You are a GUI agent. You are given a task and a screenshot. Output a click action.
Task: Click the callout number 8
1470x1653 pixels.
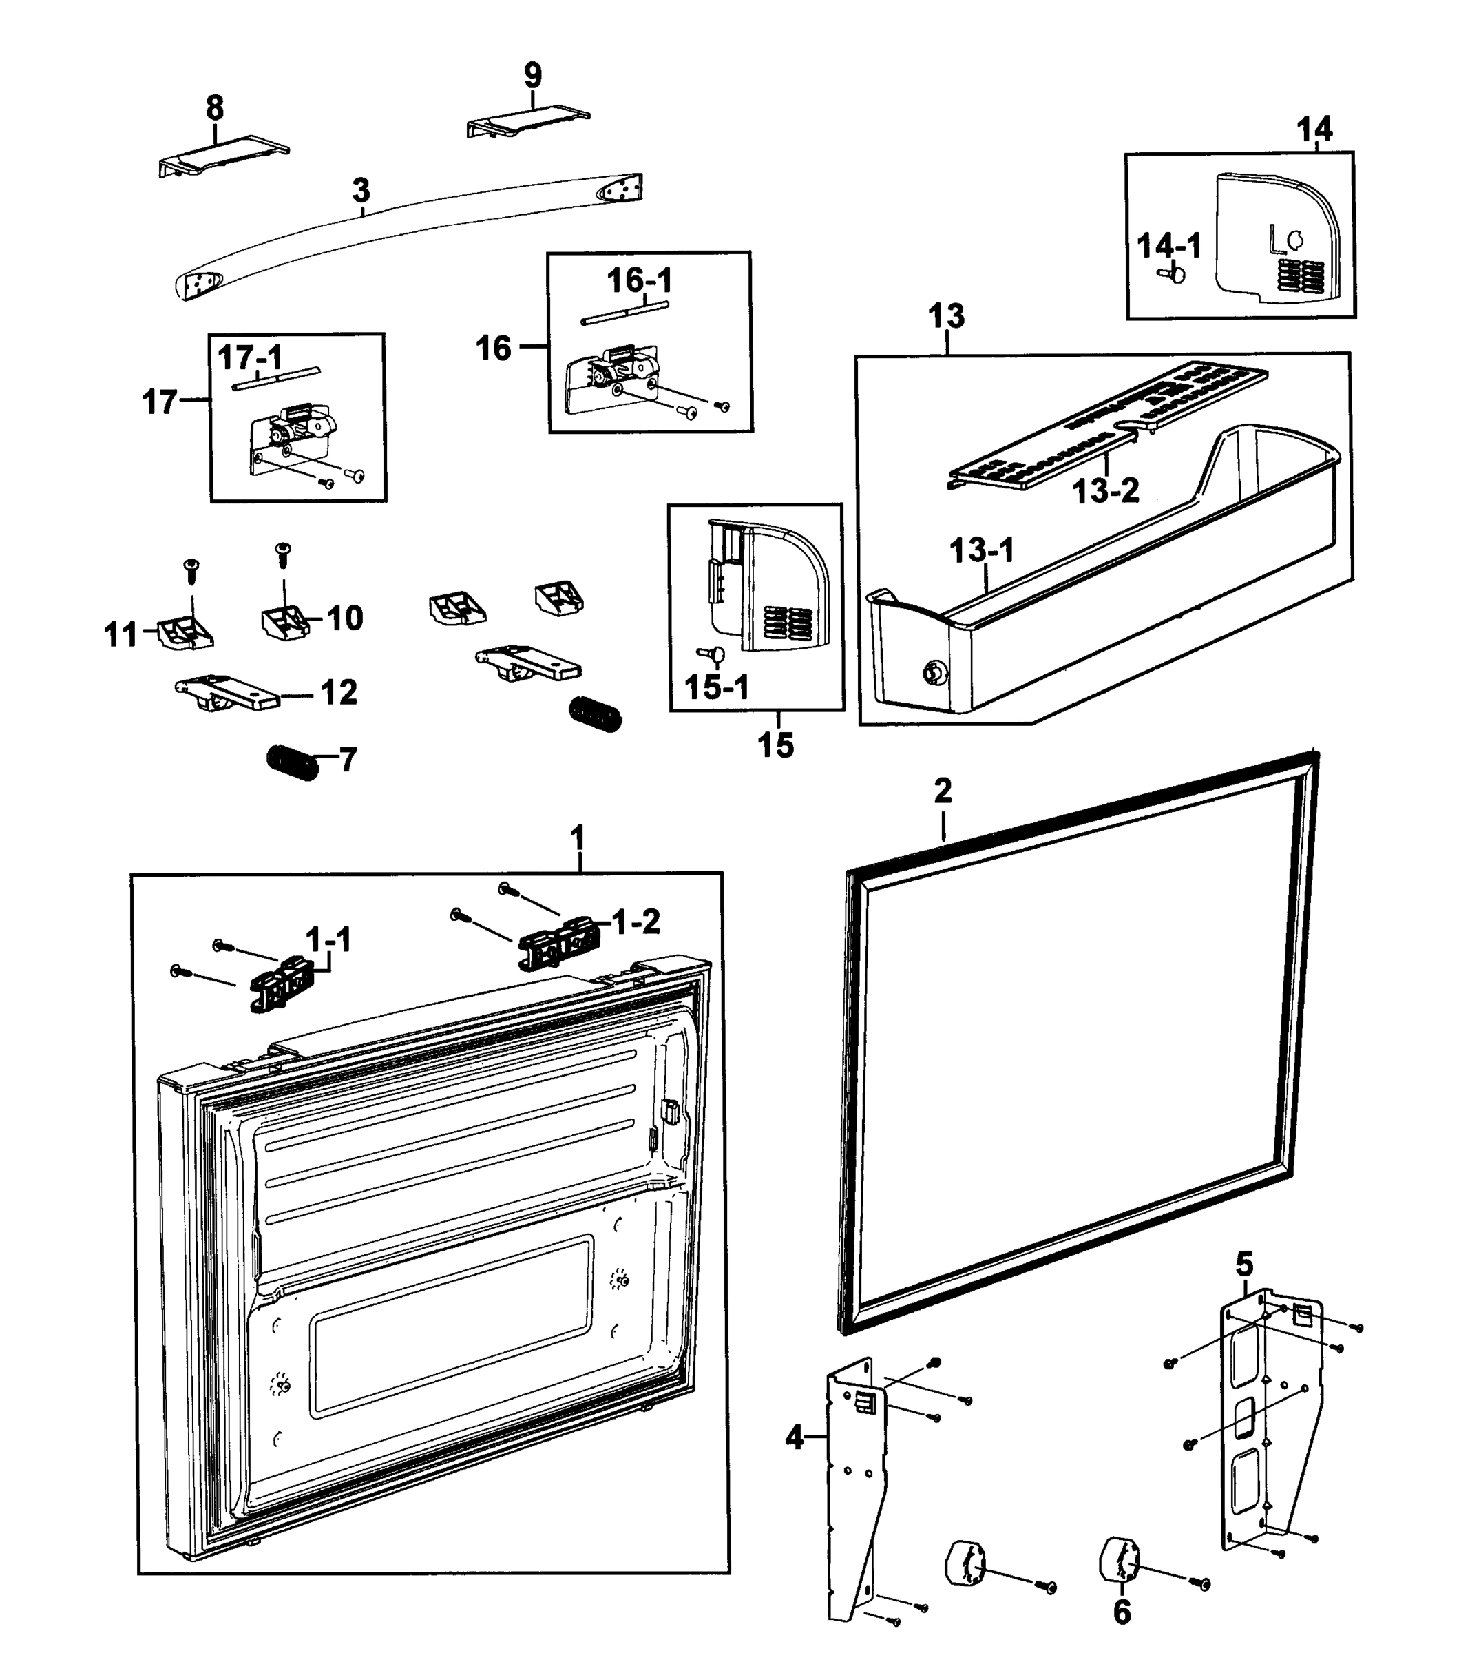(214, 107)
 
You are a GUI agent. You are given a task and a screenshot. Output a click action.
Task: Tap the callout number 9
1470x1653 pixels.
(532, 75)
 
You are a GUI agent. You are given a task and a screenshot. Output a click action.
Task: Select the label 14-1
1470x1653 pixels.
(1168, 245)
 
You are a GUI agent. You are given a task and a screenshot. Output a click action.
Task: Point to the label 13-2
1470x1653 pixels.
(1105, 490)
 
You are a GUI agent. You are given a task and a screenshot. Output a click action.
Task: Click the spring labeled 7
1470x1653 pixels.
(293, 762)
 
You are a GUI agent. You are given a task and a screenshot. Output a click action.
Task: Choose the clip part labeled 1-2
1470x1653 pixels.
(560, 942)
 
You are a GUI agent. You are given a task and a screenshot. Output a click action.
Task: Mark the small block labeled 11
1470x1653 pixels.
(185, 632)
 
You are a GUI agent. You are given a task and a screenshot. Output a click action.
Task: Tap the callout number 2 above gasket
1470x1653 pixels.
(942, 791)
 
